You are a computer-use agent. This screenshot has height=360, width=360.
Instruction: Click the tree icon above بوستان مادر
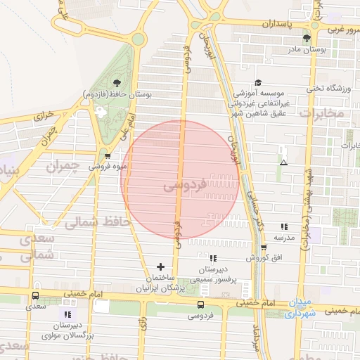[305, 39]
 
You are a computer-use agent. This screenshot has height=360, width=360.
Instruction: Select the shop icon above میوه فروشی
[108, 156]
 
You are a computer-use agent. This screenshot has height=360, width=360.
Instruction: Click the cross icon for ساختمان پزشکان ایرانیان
[161, 267]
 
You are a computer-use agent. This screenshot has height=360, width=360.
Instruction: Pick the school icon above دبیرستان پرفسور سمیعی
[213, 259]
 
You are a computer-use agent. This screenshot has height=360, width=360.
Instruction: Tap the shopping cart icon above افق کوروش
[264, 247]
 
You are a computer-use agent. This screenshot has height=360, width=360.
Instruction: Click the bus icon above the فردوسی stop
[201, 305]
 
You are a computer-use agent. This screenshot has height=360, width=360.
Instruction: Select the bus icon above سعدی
[36, 296]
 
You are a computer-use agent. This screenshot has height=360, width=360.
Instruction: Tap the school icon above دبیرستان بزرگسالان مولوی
[68, 314]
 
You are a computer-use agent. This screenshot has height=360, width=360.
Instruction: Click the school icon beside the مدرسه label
[284, 226]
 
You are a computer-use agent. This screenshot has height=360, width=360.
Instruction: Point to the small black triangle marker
[283, 163]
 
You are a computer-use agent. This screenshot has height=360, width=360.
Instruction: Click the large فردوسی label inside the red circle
[184, 187]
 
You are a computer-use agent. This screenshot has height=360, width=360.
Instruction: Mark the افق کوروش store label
[264, 258]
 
